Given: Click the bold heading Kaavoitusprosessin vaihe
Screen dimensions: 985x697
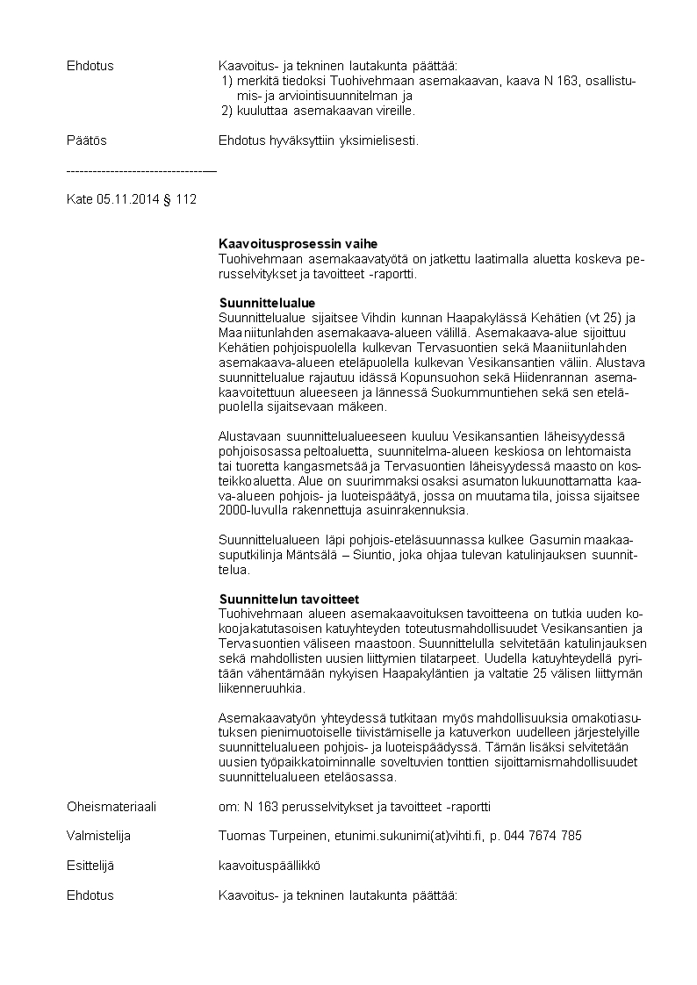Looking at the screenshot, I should click(x=298, y=243).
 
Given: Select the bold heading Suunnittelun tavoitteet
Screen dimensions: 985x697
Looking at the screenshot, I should click(x=289, y=599).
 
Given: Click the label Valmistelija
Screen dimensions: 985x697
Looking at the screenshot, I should click(x=99, y=836).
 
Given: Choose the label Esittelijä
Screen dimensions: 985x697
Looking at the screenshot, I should click(x=90, y=866).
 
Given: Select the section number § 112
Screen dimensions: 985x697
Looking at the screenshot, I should click(x=180, y=199).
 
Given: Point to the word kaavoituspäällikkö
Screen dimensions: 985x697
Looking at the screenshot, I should click(x=269, y=866).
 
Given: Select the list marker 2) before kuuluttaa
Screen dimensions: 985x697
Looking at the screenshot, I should click(x=227, y=111).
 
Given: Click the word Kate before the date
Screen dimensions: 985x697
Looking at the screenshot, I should click(x=79, y=199).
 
